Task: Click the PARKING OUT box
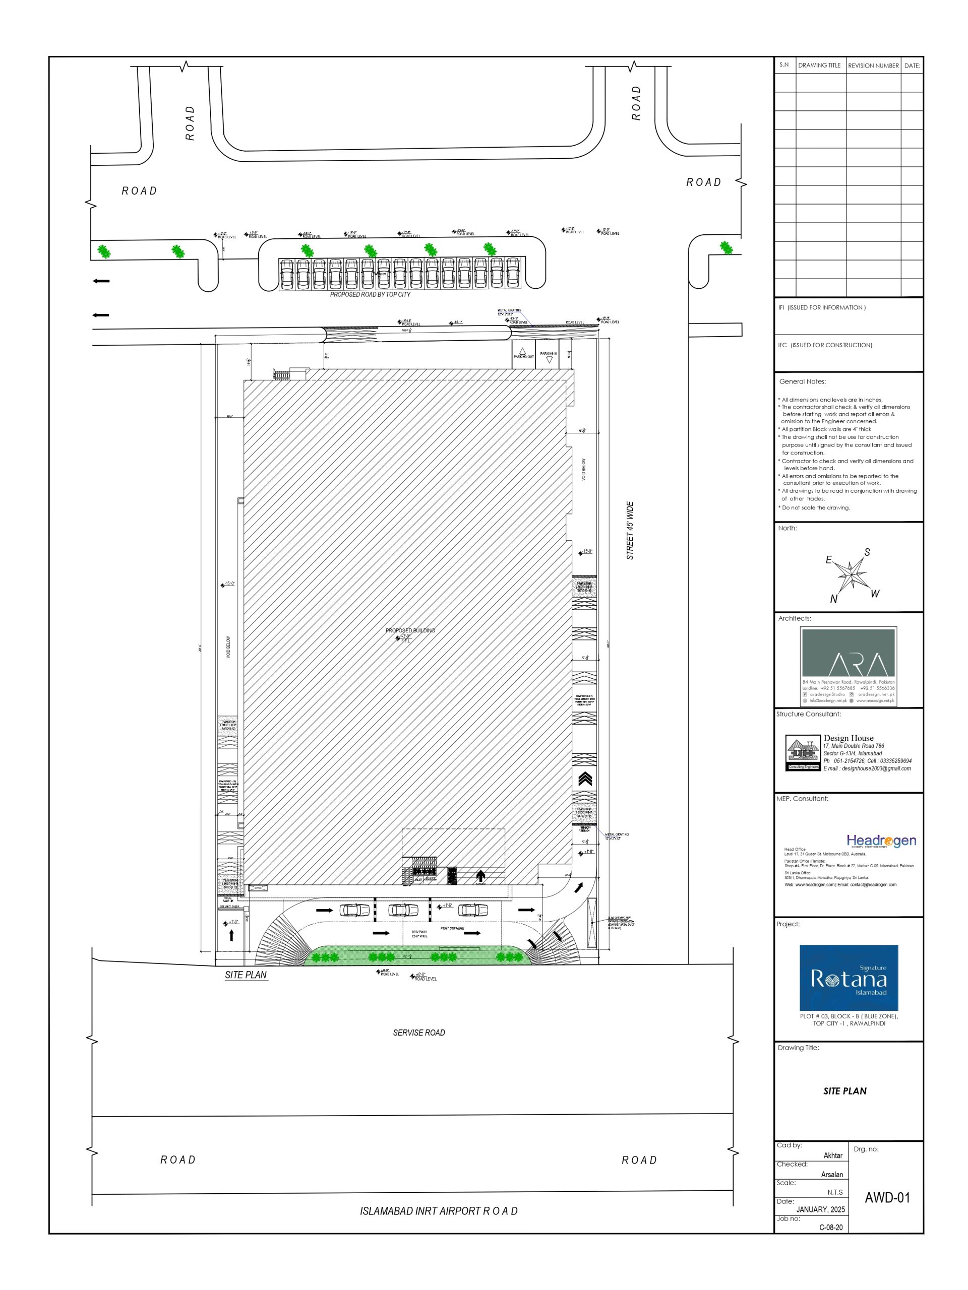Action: tap(523, 355)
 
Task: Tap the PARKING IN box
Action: tap(549, 355)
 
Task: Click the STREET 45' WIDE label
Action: tap(630, 531)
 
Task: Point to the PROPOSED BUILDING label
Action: tap(410, 631)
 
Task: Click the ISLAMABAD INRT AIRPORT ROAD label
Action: tap(439, 1211)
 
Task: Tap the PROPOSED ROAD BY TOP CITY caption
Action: tap(370, 294)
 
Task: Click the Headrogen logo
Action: tap(881, 841)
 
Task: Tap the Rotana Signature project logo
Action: tap(849, 978)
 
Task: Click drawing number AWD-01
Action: tap(887, 1198)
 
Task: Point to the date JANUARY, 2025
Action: tap(820, 1209)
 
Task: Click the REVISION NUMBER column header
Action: tap(873, 66)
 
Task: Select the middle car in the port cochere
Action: tap(403, 910)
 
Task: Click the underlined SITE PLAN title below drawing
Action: tap(246, 975)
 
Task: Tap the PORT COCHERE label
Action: tap(452, 928)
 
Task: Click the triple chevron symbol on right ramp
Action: tap(585, 779)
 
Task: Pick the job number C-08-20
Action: tap(830, 1227)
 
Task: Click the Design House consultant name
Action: tap(849, 738)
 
